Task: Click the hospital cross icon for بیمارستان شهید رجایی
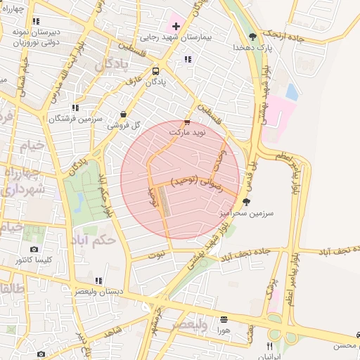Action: (x=176, y=27)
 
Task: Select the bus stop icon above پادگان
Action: (x=155, y=71)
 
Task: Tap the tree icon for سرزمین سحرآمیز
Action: (x=245, y=201)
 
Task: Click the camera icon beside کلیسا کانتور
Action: (x=34, y=249)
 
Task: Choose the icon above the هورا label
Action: (x=224, y=319)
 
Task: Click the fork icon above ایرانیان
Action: (x=269, y=346)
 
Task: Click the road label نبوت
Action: (x=161, y=252)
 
